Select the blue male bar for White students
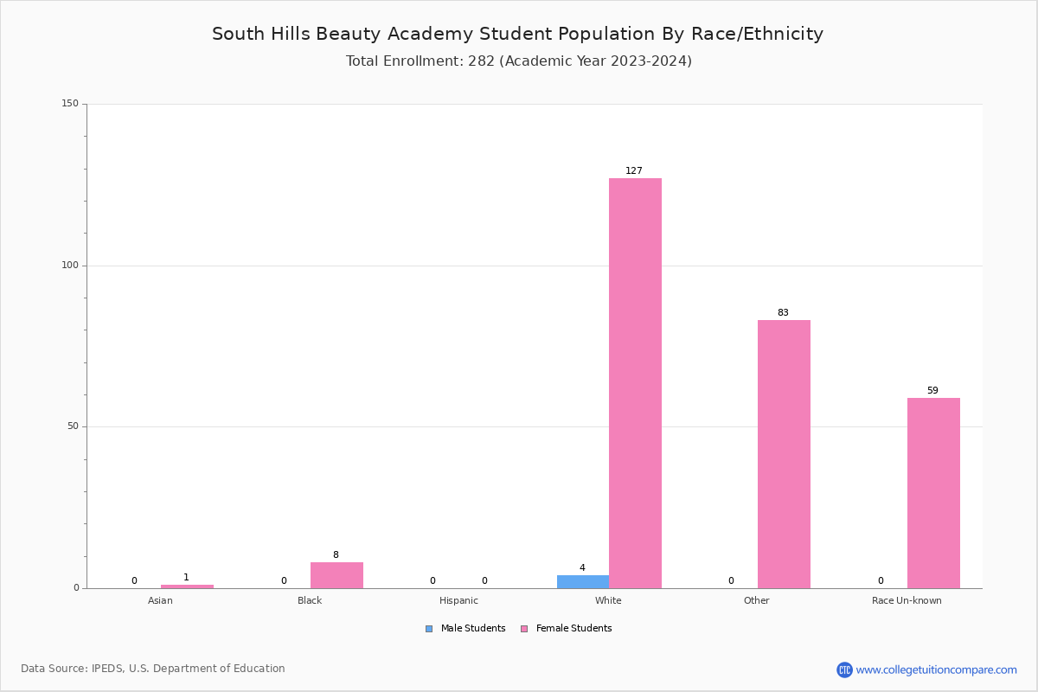click(582, 581)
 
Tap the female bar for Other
click(784, 454)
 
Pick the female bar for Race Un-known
click(933, 493)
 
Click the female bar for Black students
click(336, 575)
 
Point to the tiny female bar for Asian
click(187, 586)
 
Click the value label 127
click(634, 171)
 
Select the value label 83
click(783, 313)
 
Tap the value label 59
click(932, 391)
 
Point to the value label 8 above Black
click(336, 555)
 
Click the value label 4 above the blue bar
click(582, 568)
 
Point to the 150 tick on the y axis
click(70, 104)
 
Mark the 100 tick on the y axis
click(70, 266)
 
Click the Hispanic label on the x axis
click(458, 600)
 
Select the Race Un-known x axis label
click(907, 600)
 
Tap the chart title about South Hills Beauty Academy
click(517, 34)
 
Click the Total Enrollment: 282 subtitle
click(518, 61)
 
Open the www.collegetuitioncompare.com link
click(936, 670)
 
